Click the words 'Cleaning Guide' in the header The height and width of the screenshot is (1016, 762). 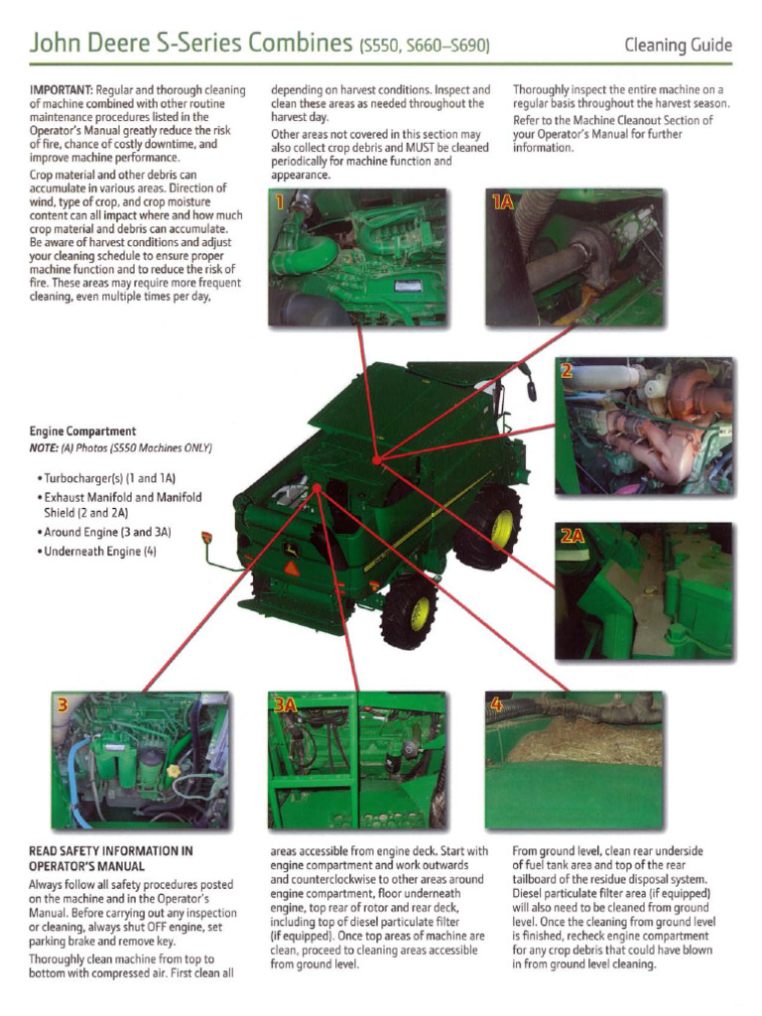[x=678, y=45]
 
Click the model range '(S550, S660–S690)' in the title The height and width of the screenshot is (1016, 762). [x=422, y=46]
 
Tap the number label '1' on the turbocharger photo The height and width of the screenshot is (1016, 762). [x=280, y=203]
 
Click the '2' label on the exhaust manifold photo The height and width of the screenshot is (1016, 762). [x=567, y=372]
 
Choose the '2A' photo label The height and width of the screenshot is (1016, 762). [x=572, y=537]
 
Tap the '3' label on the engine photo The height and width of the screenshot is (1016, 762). [x=63, y=705]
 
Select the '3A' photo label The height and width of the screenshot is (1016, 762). [x=285, y=705]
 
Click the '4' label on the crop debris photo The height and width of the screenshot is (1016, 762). [x=496, y=705]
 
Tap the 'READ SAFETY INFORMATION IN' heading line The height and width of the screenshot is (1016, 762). [x=110, y=850]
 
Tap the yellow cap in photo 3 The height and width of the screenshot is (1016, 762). [x=174, y=770]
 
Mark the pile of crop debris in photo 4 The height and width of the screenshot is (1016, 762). [x=585, y=741]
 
